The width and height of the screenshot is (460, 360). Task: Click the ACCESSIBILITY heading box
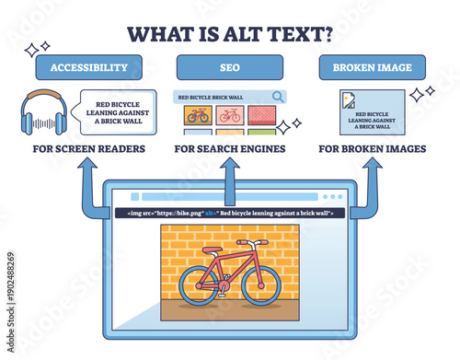(x=88, y=67)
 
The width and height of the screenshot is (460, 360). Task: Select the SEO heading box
(x=230, y=67)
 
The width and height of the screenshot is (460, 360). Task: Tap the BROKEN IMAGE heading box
(x=372, y=67)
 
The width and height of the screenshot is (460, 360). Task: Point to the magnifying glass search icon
(x=277, y=96)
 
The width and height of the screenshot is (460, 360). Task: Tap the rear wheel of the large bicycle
(x=199, y=285)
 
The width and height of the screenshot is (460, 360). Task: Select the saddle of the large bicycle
(x=213, y=250)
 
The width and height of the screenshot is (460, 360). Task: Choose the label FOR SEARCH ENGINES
(x=230, y=147)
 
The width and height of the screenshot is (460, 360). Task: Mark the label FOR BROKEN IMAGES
(x=371, y=147)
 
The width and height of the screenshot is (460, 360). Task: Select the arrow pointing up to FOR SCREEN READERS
(x=88, y=184)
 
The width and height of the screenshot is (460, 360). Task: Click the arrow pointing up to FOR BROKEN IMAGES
(x=371, y=184)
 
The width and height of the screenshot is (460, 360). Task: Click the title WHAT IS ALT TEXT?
(x=230, y=34)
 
